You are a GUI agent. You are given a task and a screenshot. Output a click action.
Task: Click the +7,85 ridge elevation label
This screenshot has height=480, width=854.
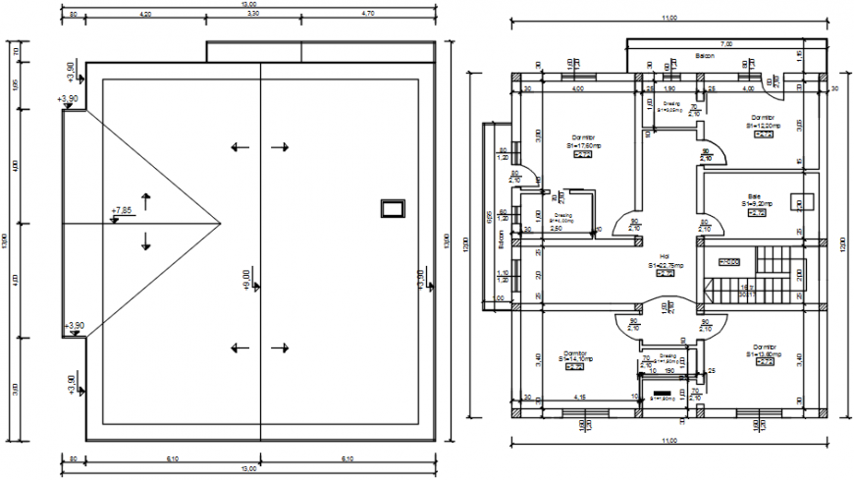(122, 210)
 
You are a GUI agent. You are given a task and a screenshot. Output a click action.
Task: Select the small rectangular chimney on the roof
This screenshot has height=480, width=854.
(393, 206)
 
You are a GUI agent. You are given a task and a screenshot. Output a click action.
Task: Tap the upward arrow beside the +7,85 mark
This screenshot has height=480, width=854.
(146, 202)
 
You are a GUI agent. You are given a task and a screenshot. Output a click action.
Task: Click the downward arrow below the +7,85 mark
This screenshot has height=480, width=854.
(146, 240)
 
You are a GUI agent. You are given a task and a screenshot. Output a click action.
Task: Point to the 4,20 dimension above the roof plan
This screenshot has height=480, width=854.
(145, 15)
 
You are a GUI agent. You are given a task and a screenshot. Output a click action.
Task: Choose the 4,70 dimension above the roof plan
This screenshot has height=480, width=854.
(367, 15)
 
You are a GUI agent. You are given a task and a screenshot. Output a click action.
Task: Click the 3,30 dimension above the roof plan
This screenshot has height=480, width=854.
(252, 15)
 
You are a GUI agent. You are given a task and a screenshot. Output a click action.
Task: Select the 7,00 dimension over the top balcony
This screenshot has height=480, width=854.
(726, 44)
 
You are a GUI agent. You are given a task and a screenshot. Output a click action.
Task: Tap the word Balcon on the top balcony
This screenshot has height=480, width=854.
(705, 56)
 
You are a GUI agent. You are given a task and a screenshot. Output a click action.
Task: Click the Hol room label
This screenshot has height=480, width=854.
(664, 256)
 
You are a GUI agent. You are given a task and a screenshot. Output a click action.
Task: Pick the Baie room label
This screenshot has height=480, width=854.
(755, 195)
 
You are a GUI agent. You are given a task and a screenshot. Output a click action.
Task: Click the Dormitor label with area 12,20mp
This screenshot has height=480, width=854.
(762, 117)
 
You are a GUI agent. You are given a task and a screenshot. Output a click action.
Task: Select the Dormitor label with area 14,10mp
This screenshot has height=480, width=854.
(575, 352)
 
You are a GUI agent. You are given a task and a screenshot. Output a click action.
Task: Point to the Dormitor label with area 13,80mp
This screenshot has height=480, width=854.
(766, 347)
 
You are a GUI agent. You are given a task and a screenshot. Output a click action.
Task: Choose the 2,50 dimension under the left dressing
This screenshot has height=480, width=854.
(556, 228)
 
